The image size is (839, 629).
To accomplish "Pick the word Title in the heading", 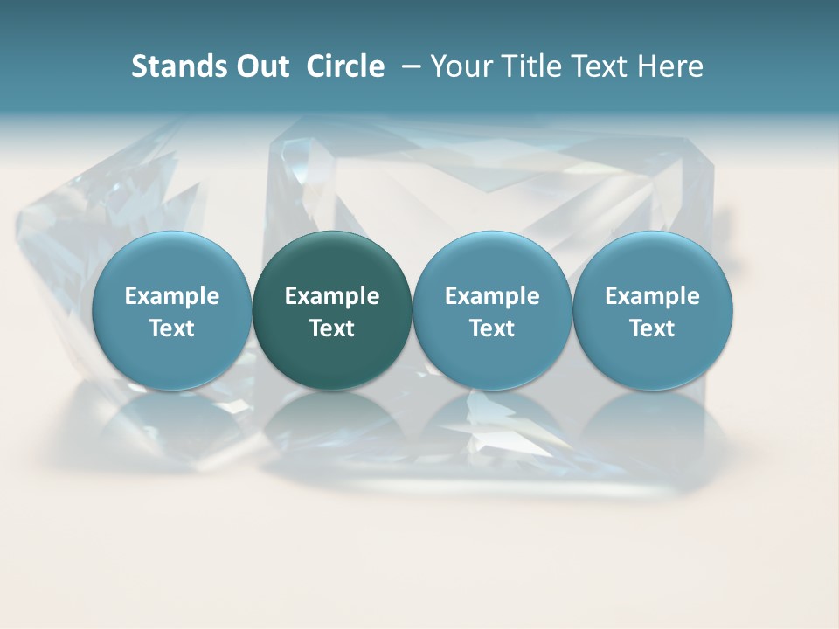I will (x=527, y=66).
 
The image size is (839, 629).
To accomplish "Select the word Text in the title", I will (x=596, y=66).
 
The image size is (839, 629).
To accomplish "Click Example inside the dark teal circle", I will (x=332, y=296).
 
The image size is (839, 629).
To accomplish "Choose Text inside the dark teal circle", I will (x=332, y=328).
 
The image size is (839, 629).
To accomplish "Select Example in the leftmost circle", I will (x=172, y=296).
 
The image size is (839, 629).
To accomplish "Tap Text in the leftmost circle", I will (x=172, y=328).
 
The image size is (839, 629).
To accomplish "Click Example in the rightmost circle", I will (x=652, y=296).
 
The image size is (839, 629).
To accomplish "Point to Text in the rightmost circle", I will (x=652, y=328).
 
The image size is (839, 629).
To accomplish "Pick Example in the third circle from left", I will (x=492, y=296).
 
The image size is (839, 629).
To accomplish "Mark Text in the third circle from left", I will (x=492, y=328).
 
